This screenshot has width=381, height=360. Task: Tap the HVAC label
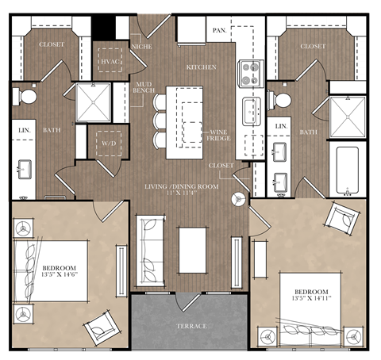click(110, 60)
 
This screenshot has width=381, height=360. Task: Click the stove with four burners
click(251, 74)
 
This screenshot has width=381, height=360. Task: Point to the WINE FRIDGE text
click(220, 135)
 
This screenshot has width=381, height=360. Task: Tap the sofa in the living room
click(148, 251)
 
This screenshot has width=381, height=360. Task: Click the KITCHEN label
click(201, 67)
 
